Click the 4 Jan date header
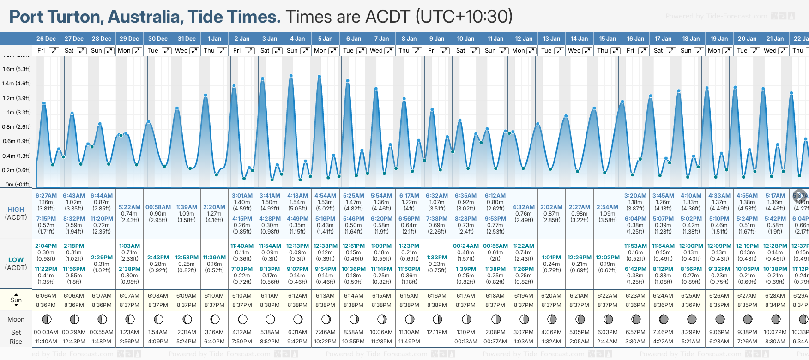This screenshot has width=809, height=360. [x=297, y=39]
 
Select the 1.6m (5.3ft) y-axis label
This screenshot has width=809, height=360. [x=16, y=69]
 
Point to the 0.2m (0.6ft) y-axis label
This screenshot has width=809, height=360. [x=16, y=170]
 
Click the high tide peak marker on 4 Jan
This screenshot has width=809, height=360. [x=291, y=76]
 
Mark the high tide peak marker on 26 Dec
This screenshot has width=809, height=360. [x=44, y=103]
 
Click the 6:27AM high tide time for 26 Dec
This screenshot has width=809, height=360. [x=46, y=196]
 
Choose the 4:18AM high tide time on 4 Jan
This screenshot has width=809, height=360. [x=297, y=196]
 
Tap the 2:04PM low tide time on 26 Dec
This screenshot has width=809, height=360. [x=46, y=246]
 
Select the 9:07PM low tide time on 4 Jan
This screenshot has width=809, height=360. [x=297, y=269]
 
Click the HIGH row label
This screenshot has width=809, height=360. [x=16, y=210]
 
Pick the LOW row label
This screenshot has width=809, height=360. [x=16, y=260]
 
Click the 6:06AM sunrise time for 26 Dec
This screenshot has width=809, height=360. [x=46, y=296]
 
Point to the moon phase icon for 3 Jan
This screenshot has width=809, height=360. [x=270, y=319]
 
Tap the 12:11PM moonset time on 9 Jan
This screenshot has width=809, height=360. [x=437, y=332]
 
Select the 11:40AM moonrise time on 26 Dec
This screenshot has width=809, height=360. [x=46, y=342]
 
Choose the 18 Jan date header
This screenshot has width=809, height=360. [x=692, y=39]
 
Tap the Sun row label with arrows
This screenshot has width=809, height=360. [x=16, y=300]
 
